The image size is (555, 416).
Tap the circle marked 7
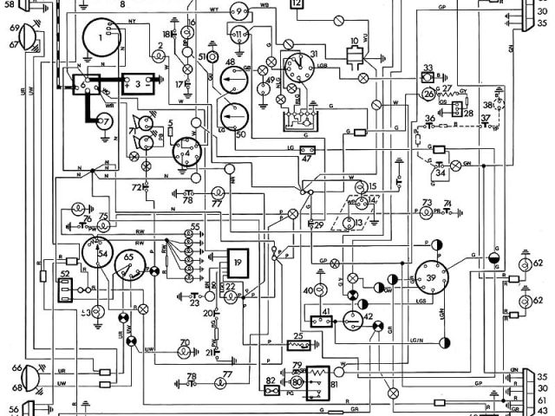tap(105, 121)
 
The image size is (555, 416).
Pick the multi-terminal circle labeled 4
tap(185, 154)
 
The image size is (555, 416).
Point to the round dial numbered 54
tap(98, 257)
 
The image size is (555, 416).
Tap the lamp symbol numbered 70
tap(185, 352)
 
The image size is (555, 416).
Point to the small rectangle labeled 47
tap(306, 149)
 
